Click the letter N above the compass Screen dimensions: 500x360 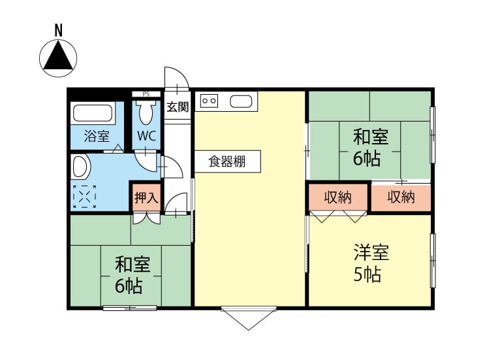[x=58, y=31]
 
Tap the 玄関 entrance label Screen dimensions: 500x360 [x=178, y=107]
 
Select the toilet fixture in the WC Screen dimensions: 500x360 [x=146, y=112]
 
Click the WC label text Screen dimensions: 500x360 [x=147, y=136]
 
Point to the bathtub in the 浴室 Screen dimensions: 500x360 [x=93, y=113]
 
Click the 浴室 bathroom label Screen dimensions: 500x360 [x=97, y=137]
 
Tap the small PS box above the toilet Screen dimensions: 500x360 [x=146, y=94]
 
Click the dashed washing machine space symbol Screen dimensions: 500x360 [x=84, y=197]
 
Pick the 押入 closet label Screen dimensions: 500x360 [x=146, y=198]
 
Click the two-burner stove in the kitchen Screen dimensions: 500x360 [x=209, y=101]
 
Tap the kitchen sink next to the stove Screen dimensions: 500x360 [x=241, y=101]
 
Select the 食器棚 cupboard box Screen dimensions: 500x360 [x=228, y=161]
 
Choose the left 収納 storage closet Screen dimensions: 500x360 [x=338, y=197]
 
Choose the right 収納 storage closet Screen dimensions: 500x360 [x=401, y=197]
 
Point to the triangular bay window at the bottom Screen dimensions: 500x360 [x=249, y=318]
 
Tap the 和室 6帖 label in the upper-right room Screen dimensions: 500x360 [x=370, y=147]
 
